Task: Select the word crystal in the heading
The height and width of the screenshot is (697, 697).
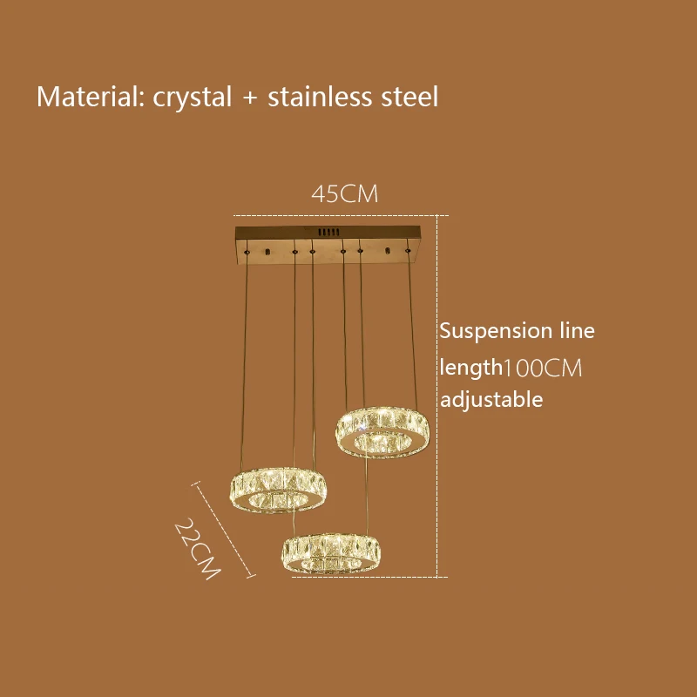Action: click(193, 96)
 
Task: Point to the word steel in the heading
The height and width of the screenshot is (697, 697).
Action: click(409, 96)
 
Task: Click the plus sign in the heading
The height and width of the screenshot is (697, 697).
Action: click(250, 97)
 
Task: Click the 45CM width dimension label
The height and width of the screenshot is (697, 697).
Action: click(345, 194)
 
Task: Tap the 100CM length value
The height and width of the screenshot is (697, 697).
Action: click(543, 368)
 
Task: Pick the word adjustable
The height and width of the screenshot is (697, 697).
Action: click(491, 400)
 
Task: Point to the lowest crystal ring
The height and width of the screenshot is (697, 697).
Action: click(331, 552)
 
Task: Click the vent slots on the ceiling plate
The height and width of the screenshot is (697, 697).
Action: click(327, 233)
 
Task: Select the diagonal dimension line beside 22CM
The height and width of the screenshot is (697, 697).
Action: click(224, 529)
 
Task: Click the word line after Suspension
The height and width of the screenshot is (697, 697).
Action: click(577, 331)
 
